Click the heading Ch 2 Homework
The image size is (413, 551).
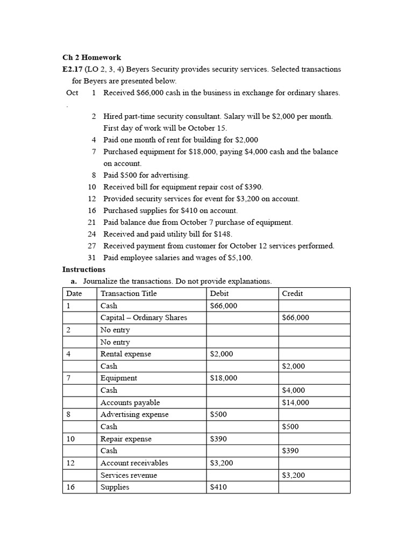point(91,58)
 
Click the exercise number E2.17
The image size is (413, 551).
point(72,69)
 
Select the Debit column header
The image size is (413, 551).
point(219,293)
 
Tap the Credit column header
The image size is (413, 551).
point(292,293)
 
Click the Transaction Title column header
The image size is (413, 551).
point(129,293)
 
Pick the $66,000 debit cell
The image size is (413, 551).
point(223,306)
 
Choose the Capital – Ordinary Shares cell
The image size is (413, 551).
point(144,317)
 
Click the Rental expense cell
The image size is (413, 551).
point(126,354)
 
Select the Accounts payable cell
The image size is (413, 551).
point(130,402)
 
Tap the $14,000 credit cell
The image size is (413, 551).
point(295,402)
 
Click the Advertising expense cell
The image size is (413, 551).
point(134,414)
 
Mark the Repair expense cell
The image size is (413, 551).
point(126,439)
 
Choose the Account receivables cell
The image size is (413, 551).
point(134,463)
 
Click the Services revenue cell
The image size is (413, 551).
point(129,475)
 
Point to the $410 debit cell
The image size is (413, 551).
point(218,488)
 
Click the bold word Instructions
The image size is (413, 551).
point(84,270)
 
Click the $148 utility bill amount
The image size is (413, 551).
point(223,234)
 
